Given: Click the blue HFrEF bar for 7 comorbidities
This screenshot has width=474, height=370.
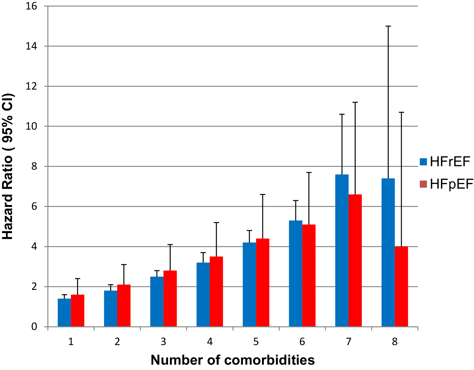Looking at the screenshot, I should coord(342,251).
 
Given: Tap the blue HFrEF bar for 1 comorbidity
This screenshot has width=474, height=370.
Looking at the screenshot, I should coord(64,313).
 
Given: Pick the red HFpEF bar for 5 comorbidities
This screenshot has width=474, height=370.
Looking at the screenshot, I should coord(263,283).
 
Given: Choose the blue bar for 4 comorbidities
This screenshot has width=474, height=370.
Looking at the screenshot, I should coord(203,295).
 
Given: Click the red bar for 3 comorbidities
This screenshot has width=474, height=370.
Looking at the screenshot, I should coord(170,298).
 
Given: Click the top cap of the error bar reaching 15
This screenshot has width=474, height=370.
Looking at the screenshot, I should coord(388,26).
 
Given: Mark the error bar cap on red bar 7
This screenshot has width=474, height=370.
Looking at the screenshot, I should coord(355,102).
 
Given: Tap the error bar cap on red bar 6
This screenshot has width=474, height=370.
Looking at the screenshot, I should coord(309,173).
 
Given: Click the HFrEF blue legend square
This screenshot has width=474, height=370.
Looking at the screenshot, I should coord(423,162).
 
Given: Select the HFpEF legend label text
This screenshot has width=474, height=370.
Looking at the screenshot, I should coord(452,184).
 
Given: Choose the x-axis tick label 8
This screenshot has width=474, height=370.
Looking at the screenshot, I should coord(395,342).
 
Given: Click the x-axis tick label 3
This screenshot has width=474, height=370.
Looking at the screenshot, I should coord(163,342).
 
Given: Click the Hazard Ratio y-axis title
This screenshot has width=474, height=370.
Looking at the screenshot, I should coord(8,166).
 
